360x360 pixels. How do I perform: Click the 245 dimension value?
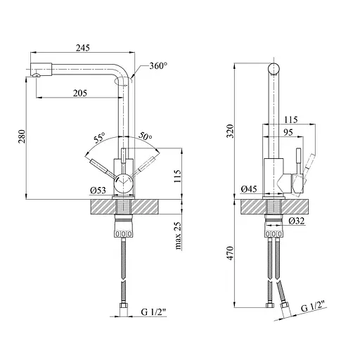point(83,48)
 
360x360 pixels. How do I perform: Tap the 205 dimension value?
point(80,93)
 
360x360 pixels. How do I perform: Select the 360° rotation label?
point(158,66)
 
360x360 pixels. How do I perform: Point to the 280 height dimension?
point(22,136)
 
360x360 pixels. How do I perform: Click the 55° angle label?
point(99,138)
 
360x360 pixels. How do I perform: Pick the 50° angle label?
point(146,136)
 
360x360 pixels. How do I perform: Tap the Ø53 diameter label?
point(98,191)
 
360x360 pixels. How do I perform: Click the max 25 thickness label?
point(178,236)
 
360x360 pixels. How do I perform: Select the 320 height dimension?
point(230,131)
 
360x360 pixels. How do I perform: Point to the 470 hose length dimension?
point(230,253)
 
